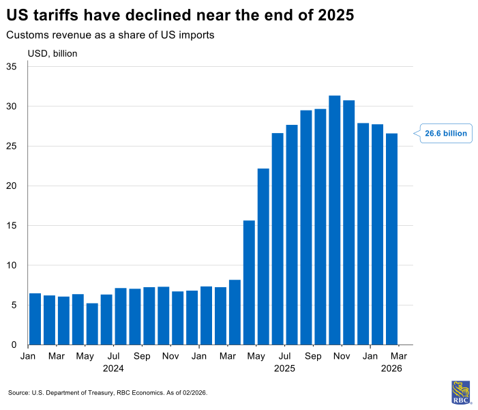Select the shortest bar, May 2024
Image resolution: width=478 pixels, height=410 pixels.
[x=92, y=324]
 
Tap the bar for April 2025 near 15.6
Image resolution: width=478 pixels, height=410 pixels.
[x=249, y=282]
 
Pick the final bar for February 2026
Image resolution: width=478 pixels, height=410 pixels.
[x=392, y=239]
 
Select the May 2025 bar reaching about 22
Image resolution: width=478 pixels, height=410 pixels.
[x=263, y=257]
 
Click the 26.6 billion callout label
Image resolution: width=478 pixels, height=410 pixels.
[x=446, y=134]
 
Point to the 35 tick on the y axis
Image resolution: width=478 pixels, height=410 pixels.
[x=12, y=67]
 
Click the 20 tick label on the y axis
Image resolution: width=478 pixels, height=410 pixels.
[x=12, y=186]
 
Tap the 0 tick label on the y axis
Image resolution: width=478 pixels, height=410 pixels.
[x=14, y=345]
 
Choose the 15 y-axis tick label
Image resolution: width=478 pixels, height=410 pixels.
[x=12, y=226]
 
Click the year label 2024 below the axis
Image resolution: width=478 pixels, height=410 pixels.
[x=113, y=368]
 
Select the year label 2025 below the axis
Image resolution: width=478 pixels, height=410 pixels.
[x=284, y=368]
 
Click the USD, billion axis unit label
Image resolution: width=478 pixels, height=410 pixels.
[x=53, y=53]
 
